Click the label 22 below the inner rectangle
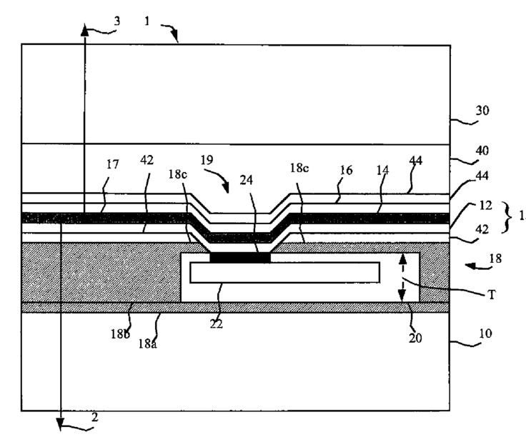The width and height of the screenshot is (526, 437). tap(217, 323)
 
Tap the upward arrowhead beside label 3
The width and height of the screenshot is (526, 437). tap(84, 31)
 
